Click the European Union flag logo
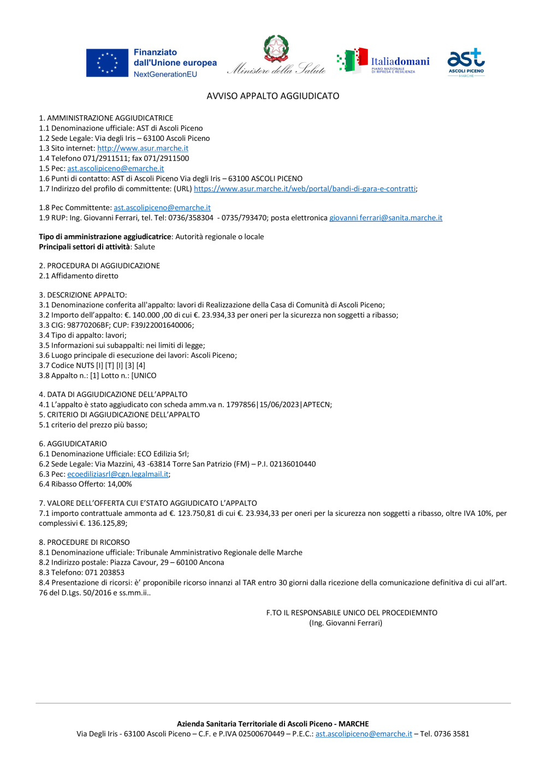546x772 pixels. (107, 63)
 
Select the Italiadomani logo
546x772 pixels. (383, 61)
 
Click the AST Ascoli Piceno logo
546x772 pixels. (466, 62)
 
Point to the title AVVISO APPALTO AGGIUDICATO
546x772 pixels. (273, 96)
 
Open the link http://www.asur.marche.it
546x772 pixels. (143, 149)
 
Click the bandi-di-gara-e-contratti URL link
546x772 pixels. (305, 189)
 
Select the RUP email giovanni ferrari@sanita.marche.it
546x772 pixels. (385, 218)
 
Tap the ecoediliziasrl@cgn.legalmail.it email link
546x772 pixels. (118, 474)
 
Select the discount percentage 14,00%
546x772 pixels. (120, 484)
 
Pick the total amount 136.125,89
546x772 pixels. (107, 524)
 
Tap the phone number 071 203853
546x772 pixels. (105, 573)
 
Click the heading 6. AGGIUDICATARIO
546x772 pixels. (73, 444)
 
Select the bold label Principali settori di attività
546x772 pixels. (85, 247)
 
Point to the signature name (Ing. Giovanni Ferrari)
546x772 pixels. (346, 623)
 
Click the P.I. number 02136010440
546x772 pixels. (293, 464)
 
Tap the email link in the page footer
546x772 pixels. (364, 734)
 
